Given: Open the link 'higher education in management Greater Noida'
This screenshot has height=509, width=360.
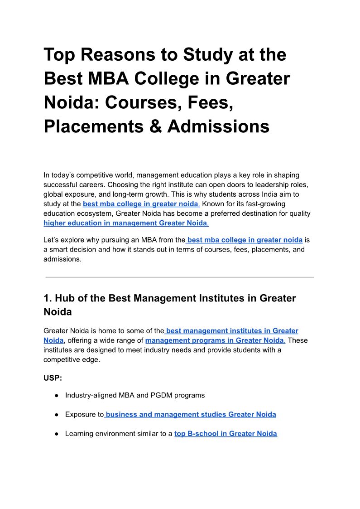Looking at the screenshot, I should tap(125, 223).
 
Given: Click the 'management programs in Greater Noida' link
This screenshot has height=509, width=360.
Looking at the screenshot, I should tap(215, 340).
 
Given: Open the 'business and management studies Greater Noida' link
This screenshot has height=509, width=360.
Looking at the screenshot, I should tap(190, 414).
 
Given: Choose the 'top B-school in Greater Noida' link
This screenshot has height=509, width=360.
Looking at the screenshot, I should tap(226, 434).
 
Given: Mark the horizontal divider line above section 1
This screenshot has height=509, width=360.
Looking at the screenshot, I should tap(180, 277).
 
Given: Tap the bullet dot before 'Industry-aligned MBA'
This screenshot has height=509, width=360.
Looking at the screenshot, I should tap(56, 396).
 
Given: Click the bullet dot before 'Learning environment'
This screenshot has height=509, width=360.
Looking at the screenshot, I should tap(56, 434).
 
